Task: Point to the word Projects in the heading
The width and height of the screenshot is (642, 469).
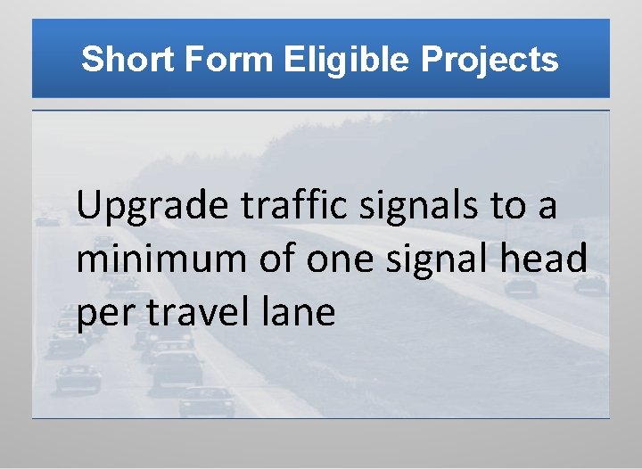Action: tap(490, 61)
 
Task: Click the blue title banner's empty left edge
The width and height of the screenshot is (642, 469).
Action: tap(49, 61)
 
